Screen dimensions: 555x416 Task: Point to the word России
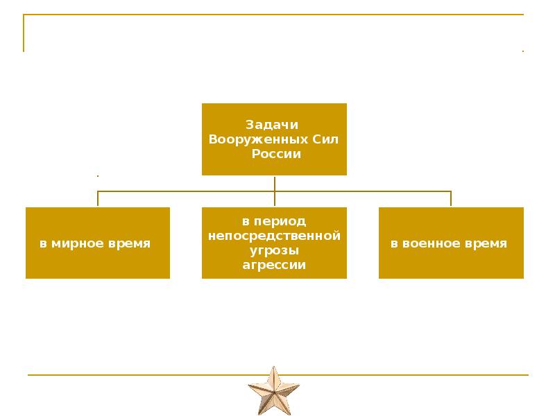click(x=274, y=154)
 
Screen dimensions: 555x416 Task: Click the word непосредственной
click(x=275, y=236)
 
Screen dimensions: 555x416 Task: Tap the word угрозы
click(x=274, y=250)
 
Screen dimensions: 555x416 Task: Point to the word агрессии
click(x=274, y=265)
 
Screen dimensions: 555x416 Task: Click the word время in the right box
click(x=486, y=244)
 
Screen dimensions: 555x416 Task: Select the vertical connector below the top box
click(x=275, y=183)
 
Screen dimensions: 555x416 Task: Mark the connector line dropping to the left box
click(x=98, y=199)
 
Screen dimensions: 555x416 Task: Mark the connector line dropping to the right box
click(x=451, y=199)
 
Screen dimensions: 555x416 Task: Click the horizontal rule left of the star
click(x=139, y=375)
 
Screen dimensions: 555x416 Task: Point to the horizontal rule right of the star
click(x=416, y=375)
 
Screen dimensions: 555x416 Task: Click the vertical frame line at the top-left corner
click(x=24, y=33)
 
